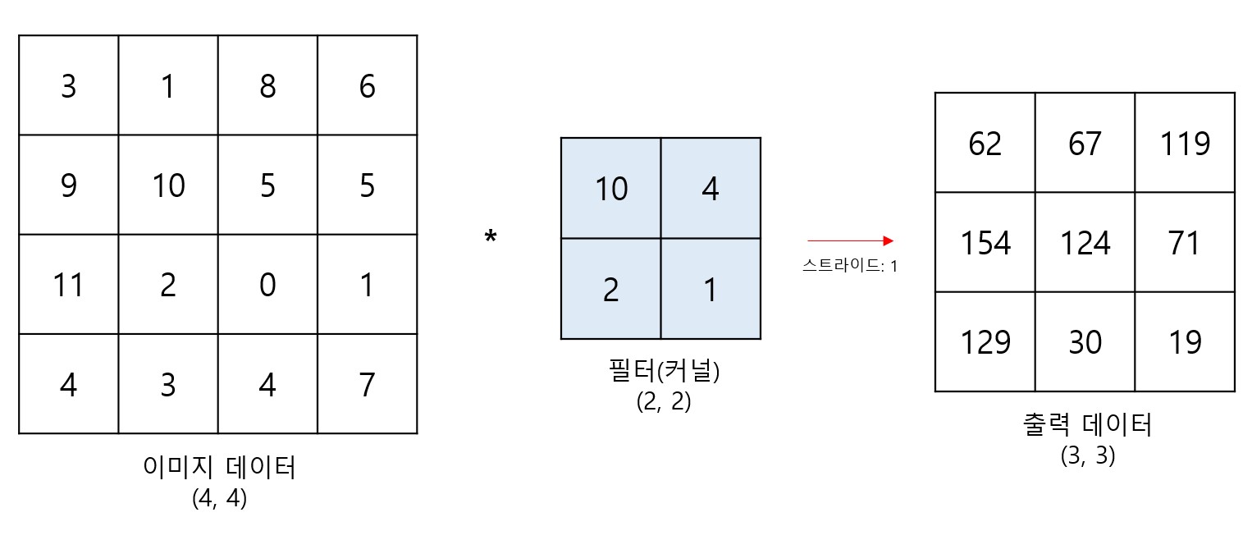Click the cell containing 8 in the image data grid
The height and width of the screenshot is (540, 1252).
tap(267, 85)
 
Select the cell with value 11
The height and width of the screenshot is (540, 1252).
tap(68, 285)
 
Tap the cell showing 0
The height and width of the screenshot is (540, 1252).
tap(267, 285)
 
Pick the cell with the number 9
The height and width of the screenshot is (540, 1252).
tap(68, 185)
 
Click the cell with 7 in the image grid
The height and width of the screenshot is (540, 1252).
tap(367, 384)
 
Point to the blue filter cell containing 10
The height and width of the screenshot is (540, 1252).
tap(610, 188)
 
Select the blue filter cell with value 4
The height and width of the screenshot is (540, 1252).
tap(711, 188)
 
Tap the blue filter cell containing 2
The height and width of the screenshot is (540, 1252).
tap(610, 289)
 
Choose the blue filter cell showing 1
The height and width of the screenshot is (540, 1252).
tap(711, 289)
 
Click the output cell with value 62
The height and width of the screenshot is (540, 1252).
tap(985, 143)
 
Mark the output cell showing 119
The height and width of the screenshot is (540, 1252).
tap(1185, 143)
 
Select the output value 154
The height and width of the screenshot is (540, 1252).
tap(985, 243)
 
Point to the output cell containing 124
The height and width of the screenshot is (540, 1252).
tap(1085, 243)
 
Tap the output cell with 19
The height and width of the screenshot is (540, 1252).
tap(1185, 342)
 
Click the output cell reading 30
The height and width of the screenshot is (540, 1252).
tap(1085, 342)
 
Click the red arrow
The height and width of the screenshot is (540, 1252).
tap(850, 241)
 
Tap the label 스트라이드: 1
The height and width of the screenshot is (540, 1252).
tap(850, 266)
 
